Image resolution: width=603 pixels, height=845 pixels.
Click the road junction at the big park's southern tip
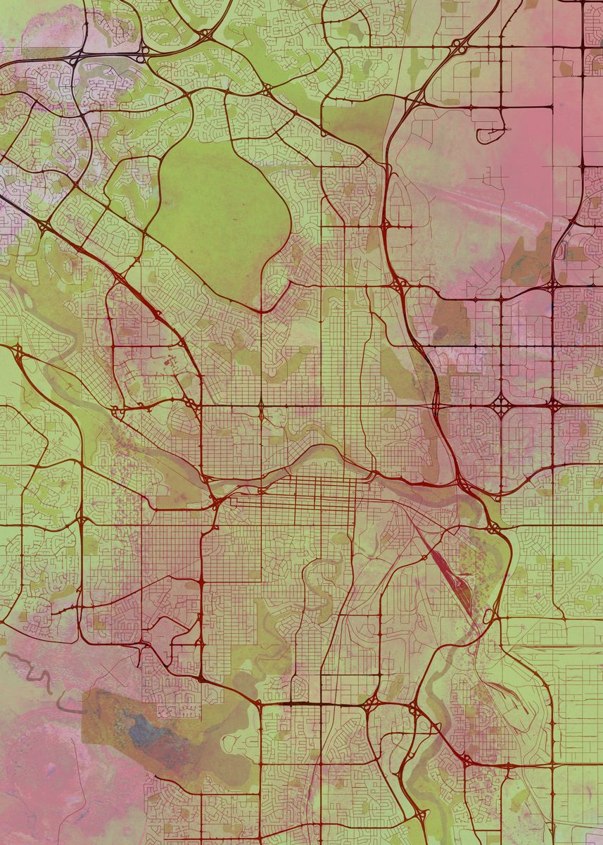(x=261, y=311)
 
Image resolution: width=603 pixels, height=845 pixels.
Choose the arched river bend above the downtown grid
(x=324, y=458)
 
